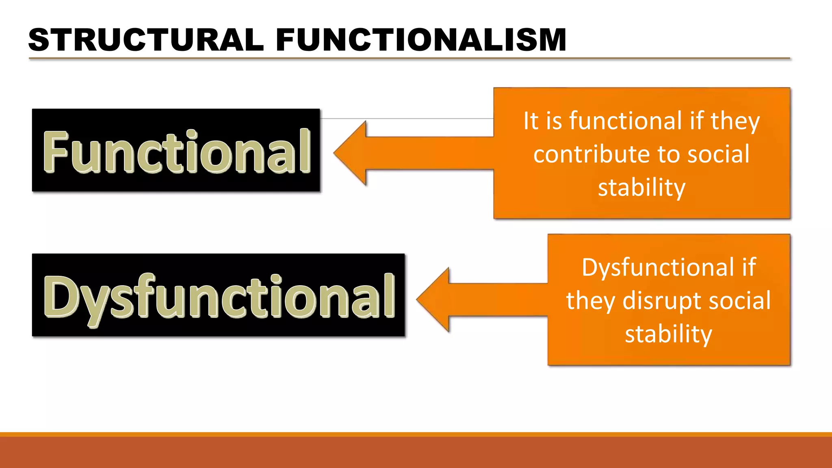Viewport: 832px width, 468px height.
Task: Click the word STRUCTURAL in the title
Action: click(x=146, y=40)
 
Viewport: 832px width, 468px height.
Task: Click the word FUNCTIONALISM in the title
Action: click(x=421, y=40)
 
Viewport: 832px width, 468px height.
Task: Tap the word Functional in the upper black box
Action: click(x=176, y=151)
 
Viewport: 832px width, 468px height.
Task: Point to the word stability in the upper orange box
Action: click(x=641, y=188)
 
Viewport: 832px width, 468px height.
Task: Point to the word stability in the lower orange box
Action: click(x=668, y=334)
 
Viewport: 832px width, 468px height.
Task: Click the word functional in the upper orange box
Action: click(x=626, y=121)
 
